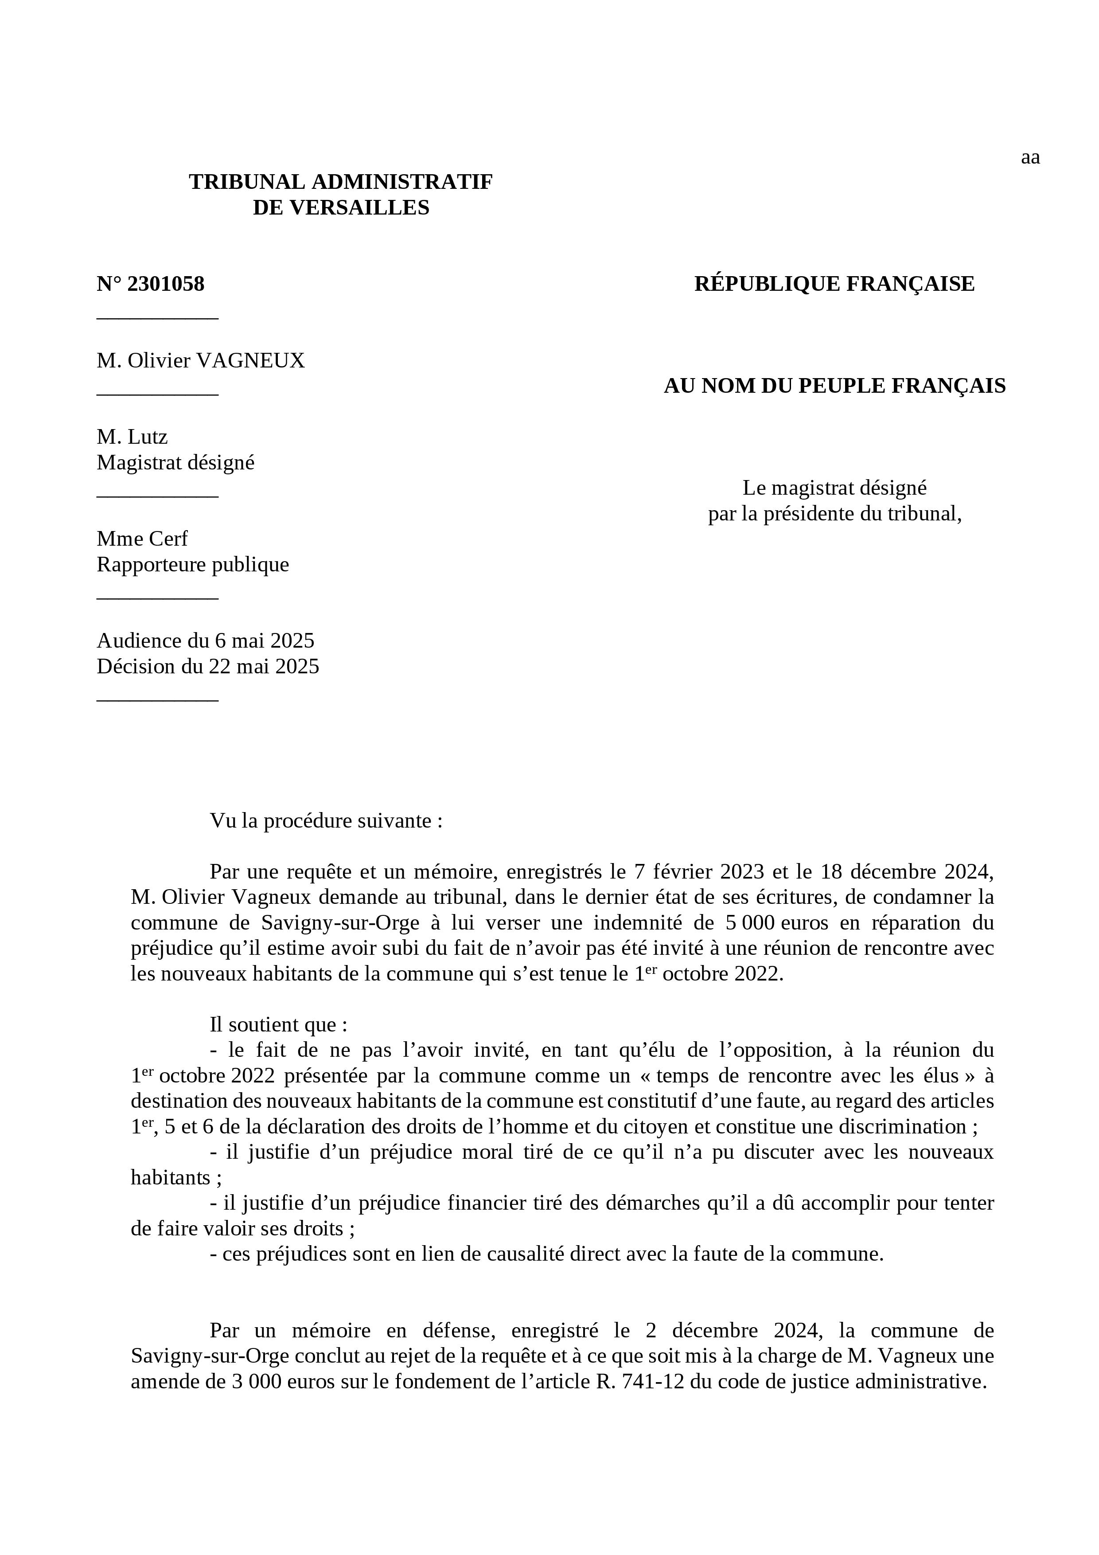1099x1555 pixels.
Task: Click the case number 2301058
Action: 165,284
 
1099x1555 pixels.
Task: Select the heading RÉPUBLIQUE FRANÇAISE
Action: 834,284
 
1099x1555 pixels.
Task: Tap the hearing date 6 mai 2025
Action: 265,641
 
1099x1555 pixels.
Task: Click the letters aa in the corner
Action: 1030,158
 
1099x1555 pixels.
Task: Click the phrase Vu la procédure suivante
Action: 326,821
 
